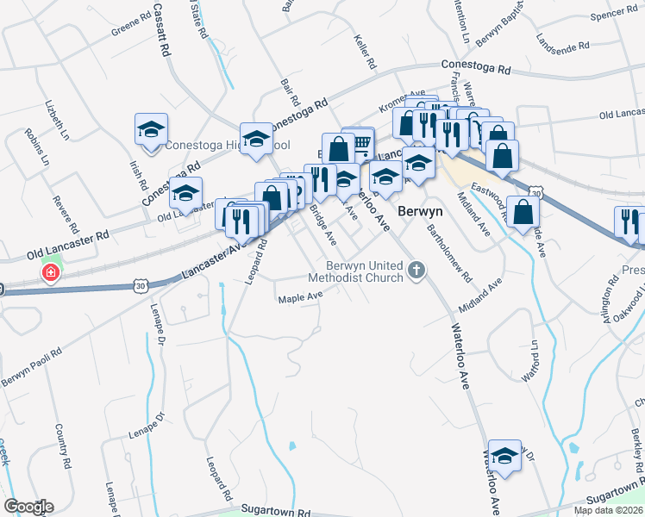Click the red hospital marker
[x=51, y=274]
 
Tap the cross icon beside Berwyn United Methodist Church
[x=416, y=271]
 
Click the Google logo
[x=28, y=507]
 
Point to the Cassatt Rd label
[x=161, y=29]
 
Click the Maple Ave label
[x=299, y=298]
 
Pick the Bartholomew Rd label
[x=450, y=254]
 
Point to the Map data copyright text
[x=609, y=510]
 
